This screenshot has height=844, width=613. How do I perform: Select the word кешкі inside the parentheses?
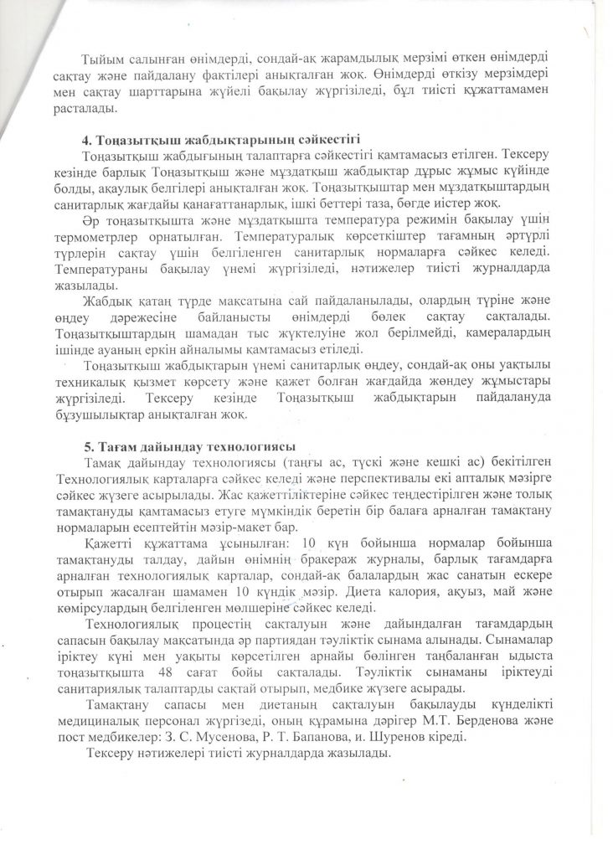[x=425, y=463]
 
